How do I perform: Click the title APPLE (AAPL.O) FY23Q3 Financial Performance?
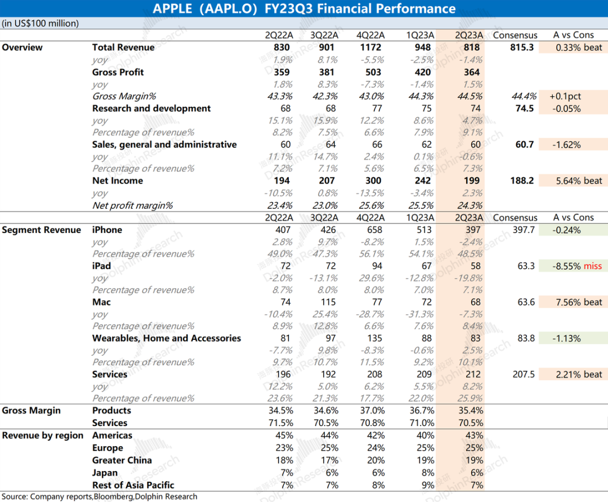[304, 9]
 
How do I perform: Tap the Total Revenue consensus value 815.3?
[521, 48]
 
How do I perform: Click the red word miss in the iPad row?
[593, 266]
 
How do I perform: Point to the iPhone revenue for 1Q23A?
[422, 230]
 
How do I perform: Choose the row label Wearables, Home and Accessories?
[167, 338]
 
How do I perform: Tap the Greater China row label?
[122, 460]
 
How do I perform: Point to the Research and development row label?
[151, 109]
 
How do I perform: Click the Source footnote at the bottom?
[100, 496]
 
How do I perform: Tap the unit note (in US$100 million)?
[41, 23]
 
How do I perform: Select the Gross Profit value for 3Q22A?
[326, 72]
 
